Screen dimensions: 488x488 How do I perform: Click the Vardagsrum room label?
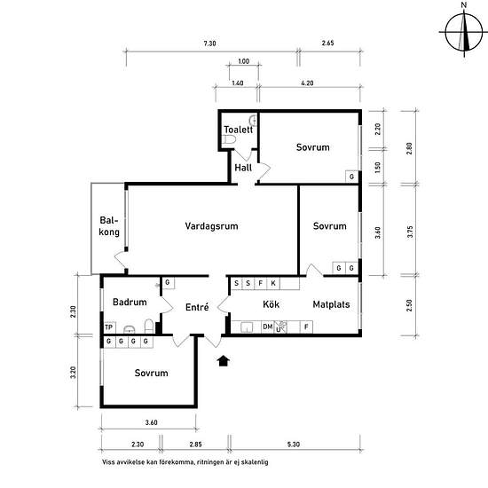(212, 226)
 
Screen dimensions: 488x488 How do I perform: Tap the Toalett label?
(239, 130)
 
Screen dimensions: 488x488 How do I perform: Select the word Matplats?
(331, 304)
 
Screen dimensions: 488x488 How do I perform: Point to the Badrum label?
(130, 302)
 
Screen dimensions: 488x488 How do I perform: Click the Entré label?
(197, 307)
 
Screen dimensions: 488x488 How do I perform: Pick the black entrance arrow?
(223, 361)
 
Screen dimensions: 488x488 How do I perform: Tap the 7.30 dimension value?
(209, 43)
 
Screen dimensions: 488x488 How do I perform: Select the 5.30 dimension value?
(294, 445)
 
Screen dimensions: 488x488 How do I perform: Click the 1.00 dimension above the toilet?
(244, 61)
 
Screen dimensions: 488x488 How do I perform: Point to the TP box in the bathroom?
(109, 327)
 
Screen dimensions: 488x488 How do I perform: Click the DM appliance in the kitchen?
(268, 327)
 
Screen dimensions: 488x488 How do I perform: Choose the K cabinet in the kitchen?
(273, 283)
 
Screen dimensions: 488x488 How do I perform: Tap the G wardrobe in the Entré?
(168, 282)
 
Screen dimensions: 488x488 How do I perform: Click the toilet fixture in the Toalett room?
(229, 139)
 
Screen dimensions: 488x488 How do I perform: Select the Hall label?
(243, 168)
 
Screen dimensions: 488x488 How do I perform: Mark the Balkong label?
(109, 226)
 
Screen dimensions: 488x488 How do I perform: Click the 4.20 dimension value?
(307, 83)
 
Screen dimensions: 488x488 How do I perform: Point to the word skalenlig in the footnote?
(255, 462)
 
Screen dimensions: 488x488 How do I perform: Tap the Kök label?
(272, 304)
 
